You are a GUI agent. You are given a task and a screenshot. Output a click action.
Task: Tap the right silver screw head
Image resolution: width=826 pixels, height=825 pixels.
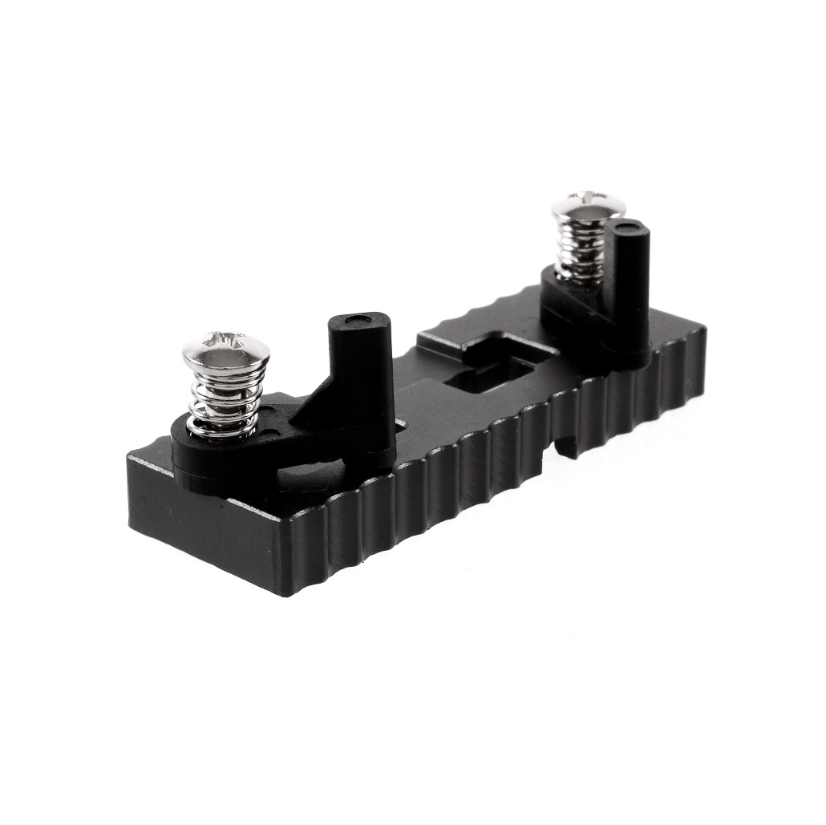tap(588, 206)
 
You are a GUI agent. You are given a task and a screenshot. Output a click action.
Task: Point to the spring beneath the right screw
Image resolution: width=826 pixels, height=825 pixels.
tap(581, 249)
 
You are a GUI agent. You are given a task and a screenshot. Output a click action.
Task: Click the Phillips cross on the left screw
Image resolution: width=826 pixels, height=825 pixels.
tap(227, 342)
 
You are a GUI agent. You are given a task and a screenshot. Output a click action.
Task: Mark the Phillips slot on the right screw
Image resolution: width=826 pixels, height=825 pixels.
tap(589, 197)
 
